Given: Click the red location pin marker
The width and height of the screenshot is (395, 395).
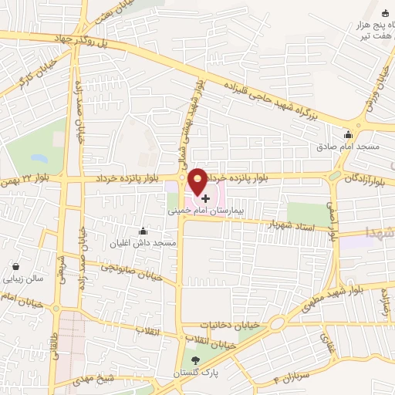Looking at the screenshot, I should pyautogui.click(x=198, y=182).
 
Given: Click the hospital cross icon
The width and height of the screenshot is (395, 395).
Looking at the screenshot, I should pyautogui.click(x=204, y=197).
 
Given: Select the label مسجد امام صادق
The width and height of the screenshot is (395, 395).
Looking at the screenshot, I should pyautogui.click(x=346, y=146).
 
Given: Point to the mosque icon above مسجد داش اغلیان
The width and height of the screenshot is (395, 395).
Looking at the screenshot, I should pyautogui.click(x=143, y=231).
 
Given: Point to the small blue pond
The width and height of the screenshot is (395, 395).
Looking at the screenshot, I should pyautogui.click(x=37, y=158).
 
